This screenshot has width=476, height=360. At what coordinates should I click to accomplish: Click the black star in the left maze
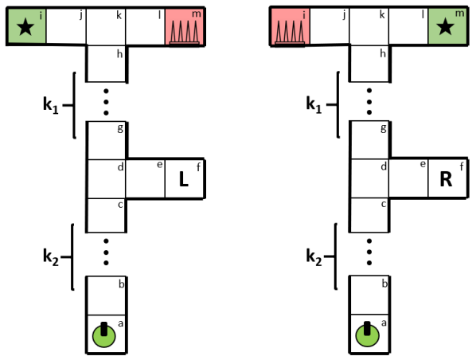click(25, 28)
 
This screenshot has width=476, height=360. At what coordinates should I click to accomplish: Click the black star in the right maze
click(446, 28)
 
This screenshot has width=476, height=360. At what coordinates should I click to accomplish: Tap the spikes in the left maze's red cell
click(185, 31)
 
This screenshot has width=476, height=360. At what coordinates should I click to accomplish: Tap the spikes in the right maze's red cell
click(289, 31)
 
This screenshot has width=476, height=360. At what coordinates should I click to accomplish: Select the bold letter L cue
click(184, 180)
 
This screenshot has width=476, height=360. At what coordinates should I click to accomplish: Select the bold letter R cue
click(446, 180)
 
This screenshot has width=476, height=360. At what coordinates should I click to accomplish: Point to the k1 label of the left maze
click(53, 104)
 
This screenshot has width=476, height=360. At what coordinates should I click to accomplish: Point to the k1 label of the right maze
click(315, 104)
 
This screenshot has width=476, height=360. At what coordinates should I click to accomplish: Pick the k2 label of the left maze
click(53, 256)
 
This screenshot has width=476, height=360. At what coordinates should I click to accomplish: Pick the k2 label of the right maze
click(315, 256)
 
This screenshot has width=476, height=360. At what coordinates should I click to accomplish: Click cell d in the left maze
click(106, 179)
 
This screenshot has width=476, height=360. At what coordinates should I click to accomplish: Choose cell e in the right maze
click(408, 179)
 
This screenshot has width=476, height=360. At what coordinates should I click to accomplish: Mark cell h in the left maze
click(106, 64)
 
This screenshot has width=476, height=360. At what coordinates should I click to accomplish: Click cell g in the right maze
click(369, 139)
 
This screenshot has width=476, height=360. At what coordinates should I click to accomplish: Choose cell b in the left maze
click(106, 295)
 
